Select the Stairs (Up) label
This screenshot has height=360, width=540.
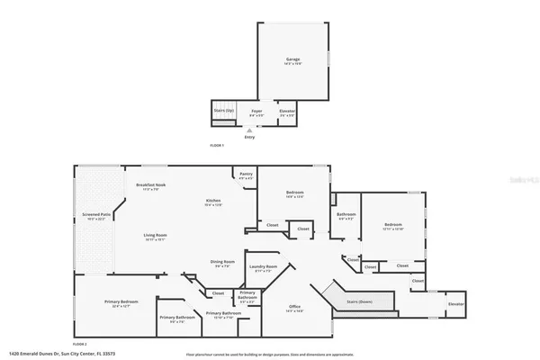click(x=224, y=111)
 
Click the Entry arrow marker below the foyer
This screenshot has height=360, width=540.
click(x=249, y=130)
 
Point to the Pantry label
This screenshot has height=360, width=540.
click(x=246, y=174)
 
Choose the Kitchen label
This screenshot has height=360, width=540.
click(x=213, y=201)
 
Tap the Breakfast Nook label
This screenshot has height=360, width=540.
click(x=148, y=184)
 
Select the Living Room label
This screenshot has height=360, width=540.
click(x=155, y=236)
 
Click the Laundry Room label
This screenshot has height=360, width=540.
click(x=264, y=266)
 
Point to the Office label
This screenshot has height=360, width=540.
click(x=294, y=308)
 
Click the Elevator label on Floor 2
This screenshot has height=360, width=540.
click(x=456, y=305)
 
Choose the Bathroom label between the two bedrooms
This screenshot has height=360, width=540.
click(x=346, y=214)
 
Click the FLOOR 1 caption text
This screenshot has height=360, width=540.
click(x=216, y=145)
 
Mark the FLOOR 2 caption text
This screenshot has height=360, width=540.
click(x=79, y=344)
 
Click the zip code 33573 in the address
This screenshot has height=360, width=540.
click(x=139, y=354)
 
